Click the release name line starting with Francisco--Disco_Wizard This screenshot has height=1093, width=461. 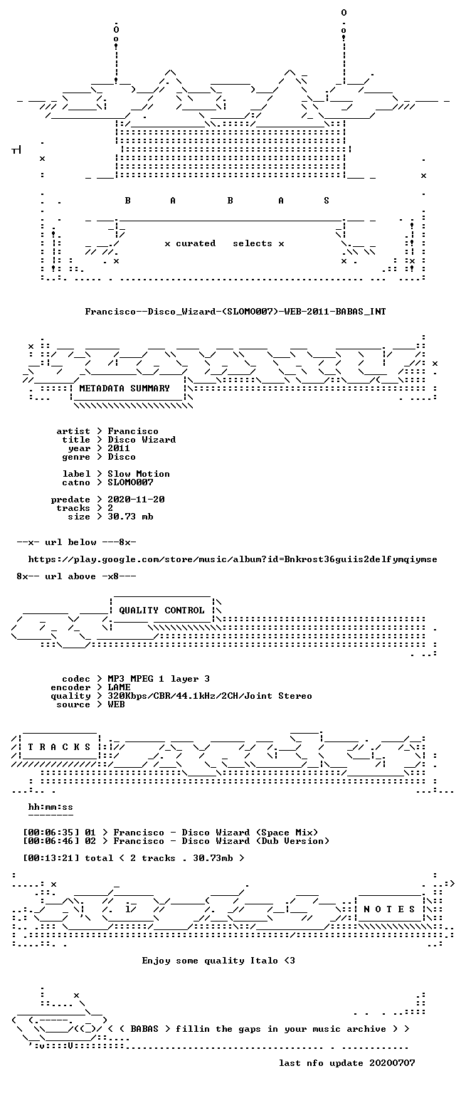coord(235,311)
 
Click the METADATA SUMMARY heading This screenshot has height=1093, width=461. coord(124,389)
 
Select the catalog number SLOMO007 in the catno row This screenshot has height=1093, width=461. coord(130,482)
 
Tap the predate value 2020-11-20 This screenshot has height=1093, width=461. coord(136,500)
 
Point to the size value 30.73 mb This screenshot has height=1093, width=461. coord(130,517)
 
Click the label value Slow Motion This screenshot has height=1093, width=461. coord(139,474)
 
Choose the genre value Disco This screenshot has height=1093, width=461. coord(122,457)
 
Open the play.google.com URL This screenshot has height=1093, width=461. coord(232,559)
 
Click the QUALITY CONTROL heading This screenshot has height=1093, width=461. coord(161,611)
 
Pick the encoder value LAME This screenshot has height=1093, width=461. coord(119,687)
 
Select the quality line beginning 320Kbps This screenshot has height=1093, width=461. coord(210,696)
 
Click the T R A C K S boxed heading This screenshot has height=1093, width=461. coord(59,747)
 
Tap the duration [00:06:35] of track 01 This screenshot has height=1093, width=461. coord(51,833)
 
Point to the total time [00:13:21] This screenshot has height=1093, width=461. coord(51,858)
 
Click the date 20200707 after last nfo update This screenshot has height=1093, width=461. coord(392,1063)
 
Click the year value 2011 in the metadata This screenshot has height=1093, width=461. coord(119,448)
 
